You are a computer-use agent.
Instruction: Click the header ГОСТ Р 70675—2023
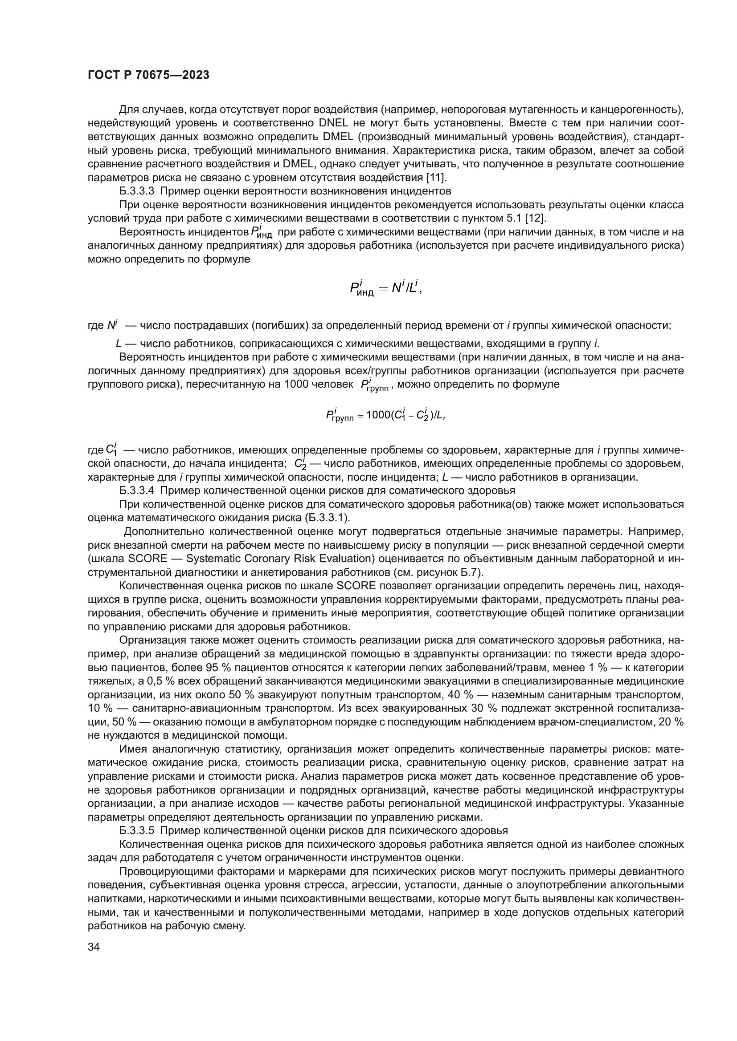(x=148, y=75)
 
